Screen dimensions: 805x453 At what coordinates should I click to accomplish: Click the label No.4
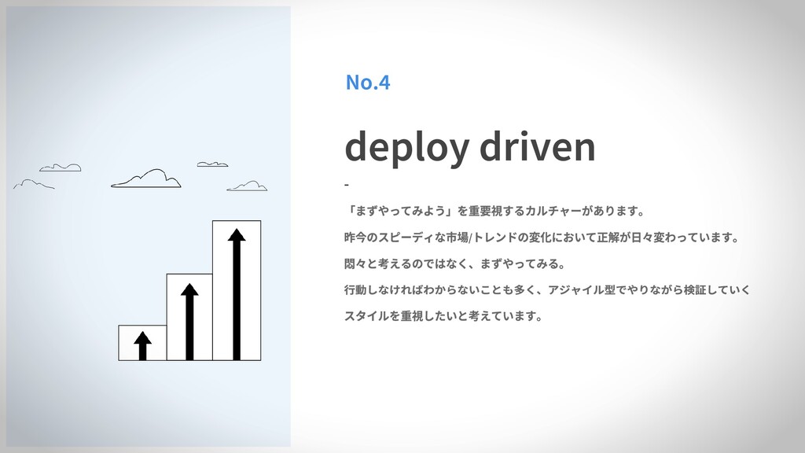[367, 82]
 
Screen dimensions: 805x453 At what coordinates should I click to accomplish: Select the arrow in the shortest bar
[142, 345]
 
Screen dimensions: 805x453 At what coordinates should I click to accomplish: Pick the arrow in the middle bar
[189, 321]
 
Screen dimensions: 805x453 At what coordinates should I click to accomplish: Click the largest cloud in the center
[147, 179]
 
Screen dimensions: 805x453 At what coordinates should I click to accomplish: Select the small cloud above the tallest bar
[212, 164]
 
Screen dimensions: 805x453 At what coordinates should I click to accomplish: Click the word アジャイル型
[586, 290]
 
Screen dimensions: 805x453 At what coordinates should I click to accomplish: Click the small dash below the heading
[346, 186]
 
